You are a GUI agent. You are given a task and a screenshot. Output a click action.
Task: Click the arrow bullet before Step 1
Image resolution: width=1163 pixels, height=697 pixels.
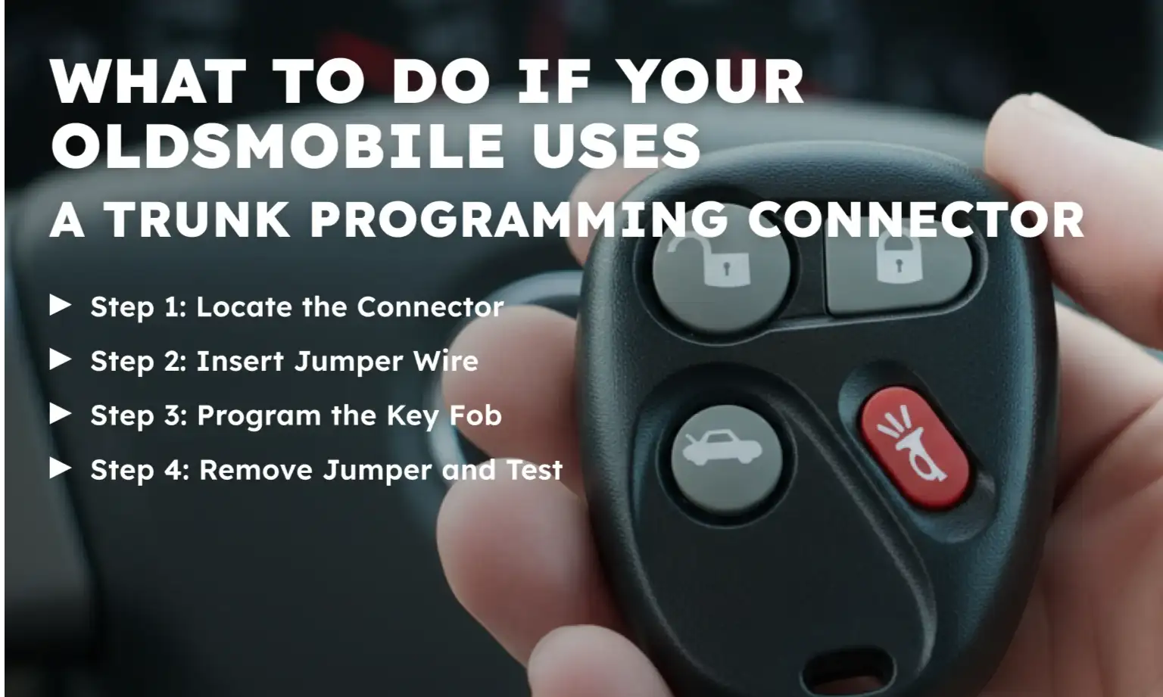click(61, 305)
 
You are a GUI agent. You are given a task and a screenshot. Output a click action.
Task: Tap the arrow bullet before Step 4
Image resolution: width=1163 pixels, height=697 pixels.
click(61, 468)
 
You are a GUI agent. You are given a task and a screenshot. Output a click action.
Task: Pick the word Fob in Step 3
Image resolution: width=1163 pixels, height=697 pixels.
click(475, 415)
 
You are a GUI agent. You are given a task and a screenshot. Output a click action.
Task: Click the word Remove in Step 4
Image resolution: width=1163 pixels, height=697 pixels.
click(256, 470)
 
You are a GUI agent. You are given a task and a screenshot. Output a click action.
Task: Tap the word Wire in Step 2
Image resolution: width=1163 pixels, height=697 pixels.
click(445, 361)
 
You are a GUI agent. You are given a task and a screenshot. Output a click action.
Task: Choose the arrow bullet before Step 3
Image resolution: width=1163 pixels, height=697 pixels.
click(61, 414)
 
